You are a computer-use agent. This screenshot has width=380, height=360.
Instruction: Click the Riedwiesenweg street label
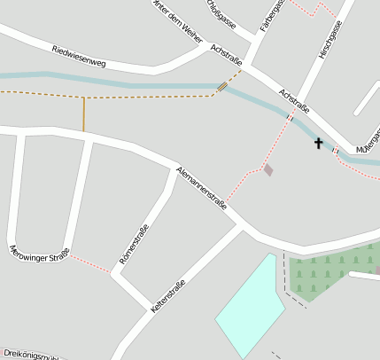point(79,57)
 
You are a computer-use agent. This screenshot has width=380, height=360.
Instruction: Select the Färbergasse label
point(273,16)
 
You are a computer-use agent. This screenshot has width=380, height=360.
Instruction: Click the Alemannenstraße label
point(202,187)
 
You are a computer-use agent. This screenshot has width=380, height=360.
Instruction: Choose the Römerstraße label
point(134,246)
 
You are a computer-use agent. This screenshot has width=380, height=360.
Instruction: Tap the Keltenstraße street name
point(168,296)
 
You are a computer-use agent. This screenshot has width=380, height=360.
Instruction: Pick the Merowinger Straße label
point(39,254)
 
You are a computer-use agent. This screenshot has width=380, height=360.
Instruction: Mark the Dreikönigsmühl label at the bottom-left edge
point(31,353)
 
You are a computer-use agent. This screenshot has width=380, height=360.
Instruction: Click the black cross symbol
point(318,143)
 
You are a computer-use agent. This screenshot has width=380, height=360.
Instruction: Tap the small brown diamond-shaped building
point(268,169)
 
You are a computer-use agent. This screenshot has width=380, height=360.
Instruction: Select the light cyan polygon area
point(252,306)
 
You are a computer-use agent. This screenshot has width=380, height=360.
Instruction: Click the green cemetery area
point(328,273)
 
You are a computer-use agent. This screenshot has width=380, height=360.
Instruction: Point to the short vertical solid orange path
point(84,113)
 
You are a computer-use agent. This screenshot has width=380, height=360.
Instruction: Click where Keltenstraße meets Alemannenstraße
point(240,226)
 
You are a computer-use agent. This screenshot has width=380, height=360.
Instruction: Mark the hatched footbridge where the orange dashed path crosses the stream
point(221,86)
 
